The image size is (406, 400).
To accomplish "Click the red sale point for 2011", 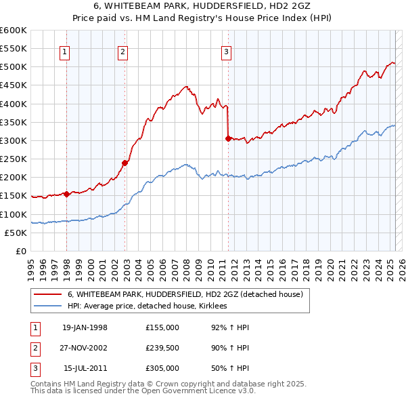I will (x=228, y=138).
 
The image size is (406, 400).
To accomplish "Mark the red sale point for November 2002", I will (x=125, y=163).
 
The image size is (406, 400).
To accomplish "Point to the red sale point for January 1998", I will (x=67, y=194).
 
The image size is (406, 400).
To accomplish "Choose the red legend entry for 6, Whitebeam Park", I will (x=189, y=295).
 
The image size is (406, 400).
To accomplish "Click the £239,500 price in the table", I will (x=162, y=348).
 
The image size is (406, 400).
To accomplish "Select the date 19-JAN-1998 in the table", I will (x=85, y=327).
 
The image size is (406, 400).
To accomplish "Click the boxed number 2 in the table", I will (x=34, y=348).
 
